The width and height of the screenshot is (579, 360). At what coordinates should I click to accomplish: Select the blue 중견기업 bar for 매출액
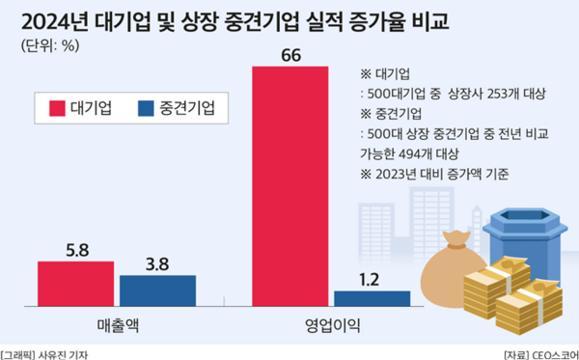tap(157, 291)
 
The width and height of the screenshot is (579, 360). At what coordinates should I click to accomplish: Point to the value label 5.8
tap(77, 249)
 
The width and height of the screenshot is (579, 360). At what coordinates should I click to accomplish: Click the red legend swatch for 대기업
tap(53, 108)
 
